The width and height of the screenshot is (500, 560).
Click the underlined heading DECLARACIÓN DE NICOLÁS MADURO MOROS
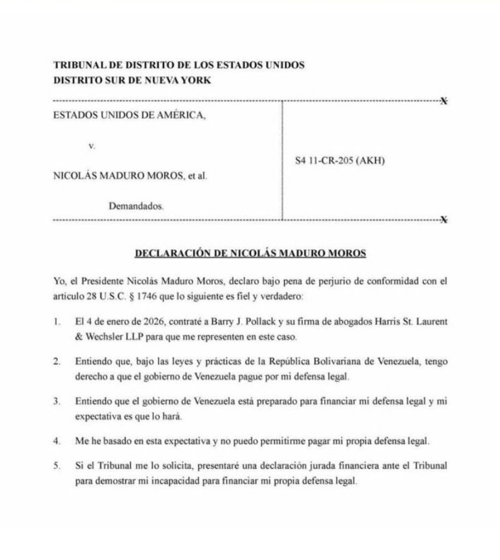click(249, 253)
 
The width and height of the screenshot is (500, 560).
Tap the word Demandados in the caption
click(136, 205)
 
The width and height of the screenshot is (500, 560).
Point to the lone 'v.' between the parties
click(91, 146)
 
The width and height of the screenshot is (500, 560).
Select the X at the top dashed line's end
click(444, 100)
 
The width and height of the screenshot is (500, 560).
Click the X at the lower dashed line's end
click(444, 220)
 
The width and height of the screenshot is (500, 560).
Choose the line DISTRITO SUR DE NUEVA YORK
click(132, 80)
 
